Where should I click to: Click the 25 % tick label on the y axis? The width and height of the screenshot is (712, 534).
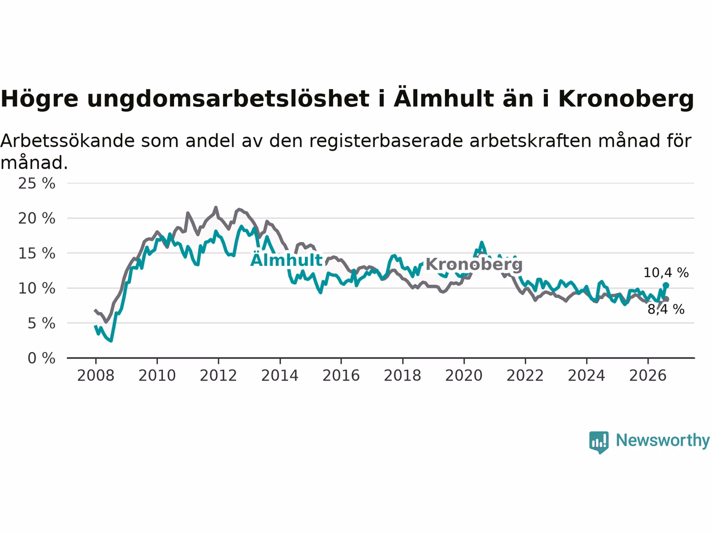(37, 184)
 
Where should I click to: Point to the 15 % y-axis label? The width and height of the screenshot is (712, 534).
(37, 253)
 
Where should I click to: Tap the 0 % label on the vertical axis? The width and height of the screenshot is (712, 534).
(42, 358)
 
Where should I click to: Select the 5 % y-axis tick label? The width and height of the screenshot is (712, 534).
(42, 323)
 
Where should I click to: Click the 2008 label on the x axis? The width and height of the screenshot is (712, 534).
(96, 375)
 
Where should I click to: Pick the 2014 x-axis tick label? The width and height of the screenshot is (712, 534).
(280, 375)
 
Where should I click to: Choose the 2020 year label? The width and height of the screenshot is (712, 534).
(464, 375)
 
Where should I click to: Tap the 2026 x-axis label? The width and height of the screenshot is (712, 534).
(648, 375)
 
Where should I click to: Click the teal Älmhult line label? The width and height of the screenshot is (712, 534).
(286, 259)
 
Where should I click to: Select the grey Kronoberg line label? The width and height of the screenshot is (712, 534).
(474, 264)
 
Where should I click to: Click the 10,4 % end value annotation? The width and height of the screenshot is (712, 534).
(666, 273)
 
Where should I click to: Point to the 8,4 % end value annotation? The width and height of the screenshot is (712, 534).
(666, 309)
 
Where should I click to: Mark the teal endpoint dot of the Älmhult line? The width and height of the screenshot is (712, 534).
(666, 285)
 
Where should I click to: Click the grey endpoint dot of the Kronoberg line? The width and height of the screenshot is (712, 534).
(666, 299)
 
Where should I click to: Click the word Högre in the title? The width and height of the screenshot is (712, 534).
(39, 99)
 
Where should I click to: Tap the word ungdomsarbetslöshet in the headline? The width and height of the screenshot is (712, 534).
(229, 99)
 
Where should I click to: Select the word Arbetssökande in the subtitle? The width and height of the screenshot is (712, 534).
(67, 141)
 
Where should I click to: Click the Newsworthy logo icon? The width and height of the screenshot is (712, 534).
(599, 442)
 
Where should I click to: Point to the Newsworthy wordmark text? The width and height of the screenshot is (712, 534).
(662, 441)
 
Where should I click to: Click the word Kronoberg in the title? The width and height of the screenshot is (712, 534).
(626, 99)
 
